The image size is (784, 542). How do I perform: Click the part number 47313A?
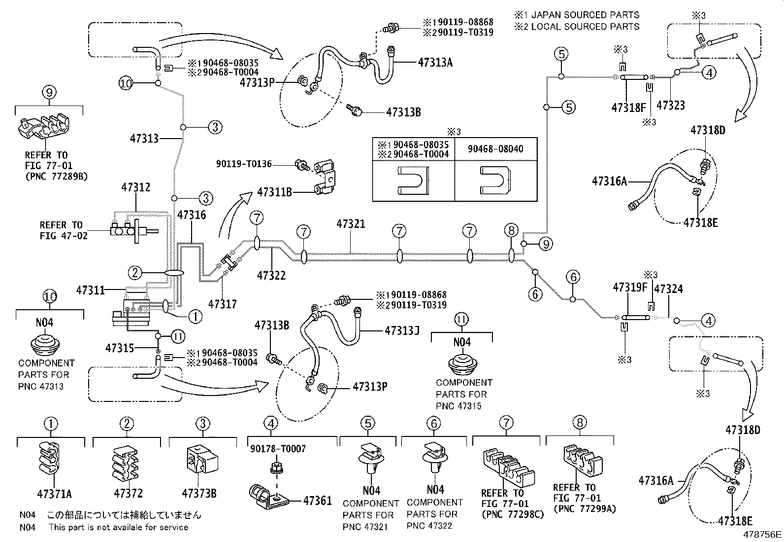tap(442, 62)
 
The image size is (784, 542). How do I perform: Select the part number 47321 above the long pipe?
tap(351, 224)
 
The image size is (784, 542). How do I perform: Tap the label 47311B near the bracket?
tap(275, 191)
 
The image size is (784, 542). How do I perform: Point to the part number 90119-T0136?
tap(243, 163)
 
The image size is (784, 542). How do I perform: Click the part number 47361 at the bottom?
tap(317, 501)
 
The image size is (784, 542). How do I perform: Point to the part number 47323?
tap(670, 105)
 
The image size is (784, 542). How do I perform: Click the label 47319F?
tap(629, 287)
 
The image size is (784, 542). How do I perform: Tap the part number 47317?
tap(223, 304)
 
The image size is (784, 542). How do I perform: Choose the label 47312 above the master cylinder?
tap(136, 188)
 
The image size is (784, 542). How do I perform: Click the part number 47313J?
tap(402, 330)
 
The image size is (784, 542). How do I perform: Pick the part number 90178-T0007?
tap(278, 448)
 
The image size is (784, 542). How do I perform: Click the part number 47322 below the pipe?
tap(271, 275)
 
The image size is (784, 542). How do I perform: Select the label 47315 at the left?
tap(119, 348)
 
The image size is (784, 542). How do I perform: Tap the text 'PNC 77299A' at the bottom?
tap(585, 508)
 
